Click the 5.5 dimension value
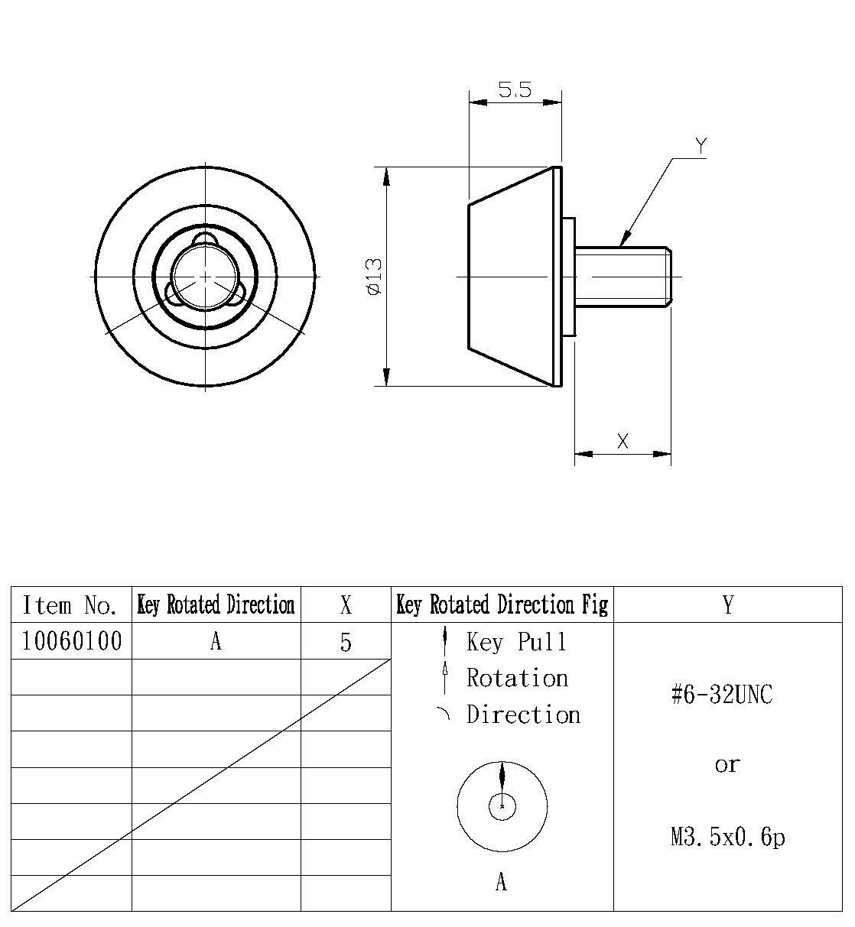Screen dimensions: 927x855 tap(515, 90)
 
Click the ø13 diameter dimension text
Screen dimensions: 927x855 tap(374, 277)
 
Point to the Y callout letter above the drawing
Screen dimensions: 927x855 tap(701, 144)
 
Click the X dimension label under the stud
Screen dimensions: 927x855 tap(623, 441)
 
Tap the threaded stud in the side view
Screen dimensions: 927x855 tap(622, 276)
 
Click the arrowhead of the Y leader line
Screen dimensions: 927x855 tap(624, 238)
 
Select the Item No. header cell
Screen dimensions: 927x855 tap(71, 605)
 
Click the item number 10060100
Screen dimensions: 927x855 tap(71, 641)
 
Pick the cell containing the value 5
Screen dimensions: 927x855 tap(346, 642)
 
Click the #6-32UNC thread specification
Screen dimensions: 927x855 tap(722, 695)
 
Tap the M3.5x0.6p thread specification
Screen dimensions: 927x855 tap(727, 838)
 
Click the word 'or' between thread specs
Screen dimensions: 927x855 tap(727, 764)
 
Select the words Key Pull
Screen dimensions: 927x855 tap(517, 642)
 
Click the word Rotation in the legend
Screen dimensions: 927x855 tap(518, 678)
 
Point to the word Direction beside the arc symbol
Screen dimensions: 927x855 tap(523, 715)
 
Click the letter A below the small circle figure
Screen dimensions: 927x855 tap(501, 883)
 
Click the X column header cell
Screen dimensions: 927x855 tap(346, 605)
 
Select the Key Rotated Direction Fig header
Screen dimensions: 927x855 tap(502, 605)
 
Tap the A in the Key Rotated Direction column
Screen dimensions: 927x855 tap(216, 642)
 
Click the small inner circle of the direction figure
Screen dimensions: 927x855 tap(502, 805)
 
